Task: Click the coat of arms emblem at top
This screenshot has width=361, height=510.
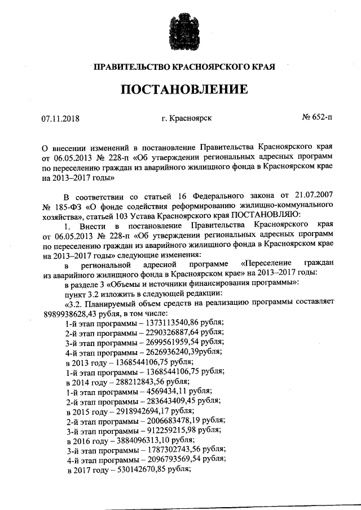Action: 180,32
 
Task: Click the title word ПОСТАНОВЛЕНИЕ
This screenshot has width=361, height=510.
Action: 180,90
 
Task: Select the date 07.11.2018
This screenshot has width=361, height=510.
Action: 61,119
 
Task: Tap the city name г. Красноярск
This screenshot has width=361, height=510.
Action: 186,119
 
